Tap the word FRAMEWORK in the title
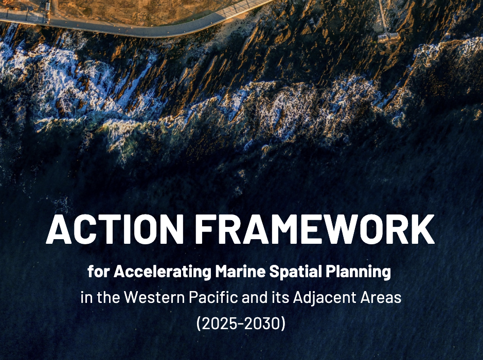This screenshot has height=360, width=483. [315, 229]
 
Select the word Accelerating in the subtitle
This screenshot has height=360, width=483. [162, 272]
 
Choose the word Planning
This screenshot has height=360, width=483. [360, 272]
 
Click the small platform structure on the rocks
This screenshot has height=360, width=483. [388, 37]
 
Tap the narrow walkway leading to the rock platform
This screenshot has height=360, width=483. [383, 15]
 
